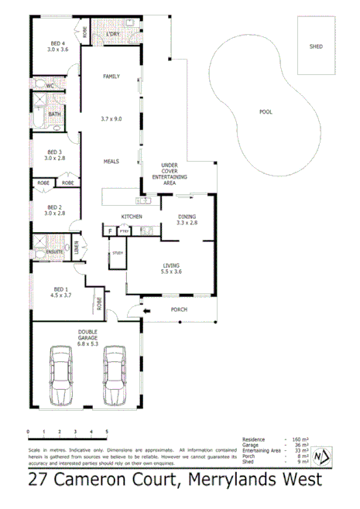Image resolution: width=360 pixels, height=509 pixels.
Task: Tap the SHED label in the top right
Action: click(316, 47)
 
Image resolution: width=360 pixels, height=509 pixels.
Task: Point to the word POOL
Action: click(265, 112)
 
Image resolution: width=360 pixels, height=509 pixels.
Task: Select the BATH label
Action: click(53, 114)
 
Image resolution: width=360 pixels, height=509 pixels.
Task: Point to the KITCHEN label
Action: click(130, 217)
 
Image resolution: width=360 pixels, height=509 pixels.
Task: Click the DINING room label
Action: click(187, 217)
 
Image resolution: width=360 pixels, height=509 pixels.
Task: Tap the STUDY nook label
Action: click(118, 253)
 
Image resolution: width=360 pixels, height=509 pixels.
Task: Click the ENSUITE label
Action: click(54, 252)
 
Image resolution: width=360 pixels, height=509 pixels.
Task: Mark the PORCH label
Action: click(178, 309)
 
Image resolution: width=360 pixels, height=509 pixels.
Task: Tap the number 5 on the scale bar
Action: click(107, 431)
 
